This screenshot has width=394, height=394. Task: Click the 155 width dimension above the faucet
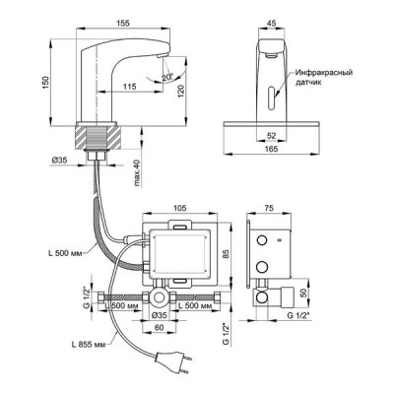tap(123, 23)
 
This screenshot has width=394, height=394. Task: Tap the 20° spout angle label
tap(167, 78)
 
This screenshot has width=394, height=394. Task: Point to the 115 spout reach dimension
tap(130, 87)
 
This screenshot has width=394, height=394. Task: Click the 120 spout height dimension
tap(181, 92)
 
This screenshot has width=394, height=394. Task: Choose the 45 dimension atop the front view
tap(271, 23)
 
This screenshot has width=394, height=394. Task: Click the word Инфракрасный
tap(324, 72)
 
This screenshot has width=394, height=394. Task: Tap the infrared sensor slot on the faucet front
tap(272, 98)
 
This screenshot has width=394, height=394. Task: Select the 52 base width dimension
tap(271, 135)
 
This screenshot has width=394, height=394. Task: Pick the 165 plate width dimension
tap(271, 149)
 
